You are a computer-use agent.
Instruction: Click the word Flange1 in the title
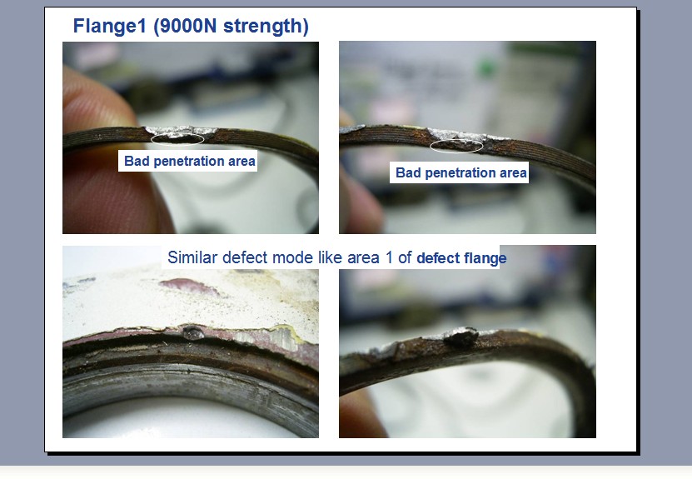pyautogui.click(x=109, y=26)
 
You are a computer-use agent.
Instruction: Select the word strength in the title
pyautogui.click(x=266, y=26)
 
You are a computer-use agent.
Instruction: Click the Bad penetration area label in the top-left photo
pyautogui.click(x=189, y=161)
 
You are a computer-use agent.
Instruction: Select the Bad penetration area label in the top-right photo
pyautogui.click(x=461, y=172)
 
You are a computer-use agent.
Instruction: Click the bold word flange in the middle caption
pyautogui.click(x=486, y=257)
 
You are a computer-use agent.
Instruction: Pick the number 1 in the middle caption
pyautogui.click(x=389, y=257)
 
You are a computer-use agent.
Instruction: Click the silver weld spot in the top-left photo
pyautogui.click(x=180, y=131)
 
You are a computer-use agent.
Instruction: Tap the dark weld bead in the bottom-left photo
pyautogui.click(x=193, y=332)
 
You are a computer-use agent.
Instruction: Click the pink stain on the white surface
pyautogui.click(x=189, y=287)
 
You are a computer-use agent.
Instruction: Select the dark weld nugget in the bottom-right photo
pyautogui.click(x=461, y=337)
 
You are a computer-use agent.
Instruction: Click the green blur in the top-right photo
pyautogui.click(x=486, y=69)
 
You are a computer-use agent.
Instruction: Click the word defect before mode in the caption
pyautogui.click(x=245, y=257)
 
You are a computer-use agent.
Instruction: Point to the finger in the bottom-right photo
pyautogui.click(x=363, y=414)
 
